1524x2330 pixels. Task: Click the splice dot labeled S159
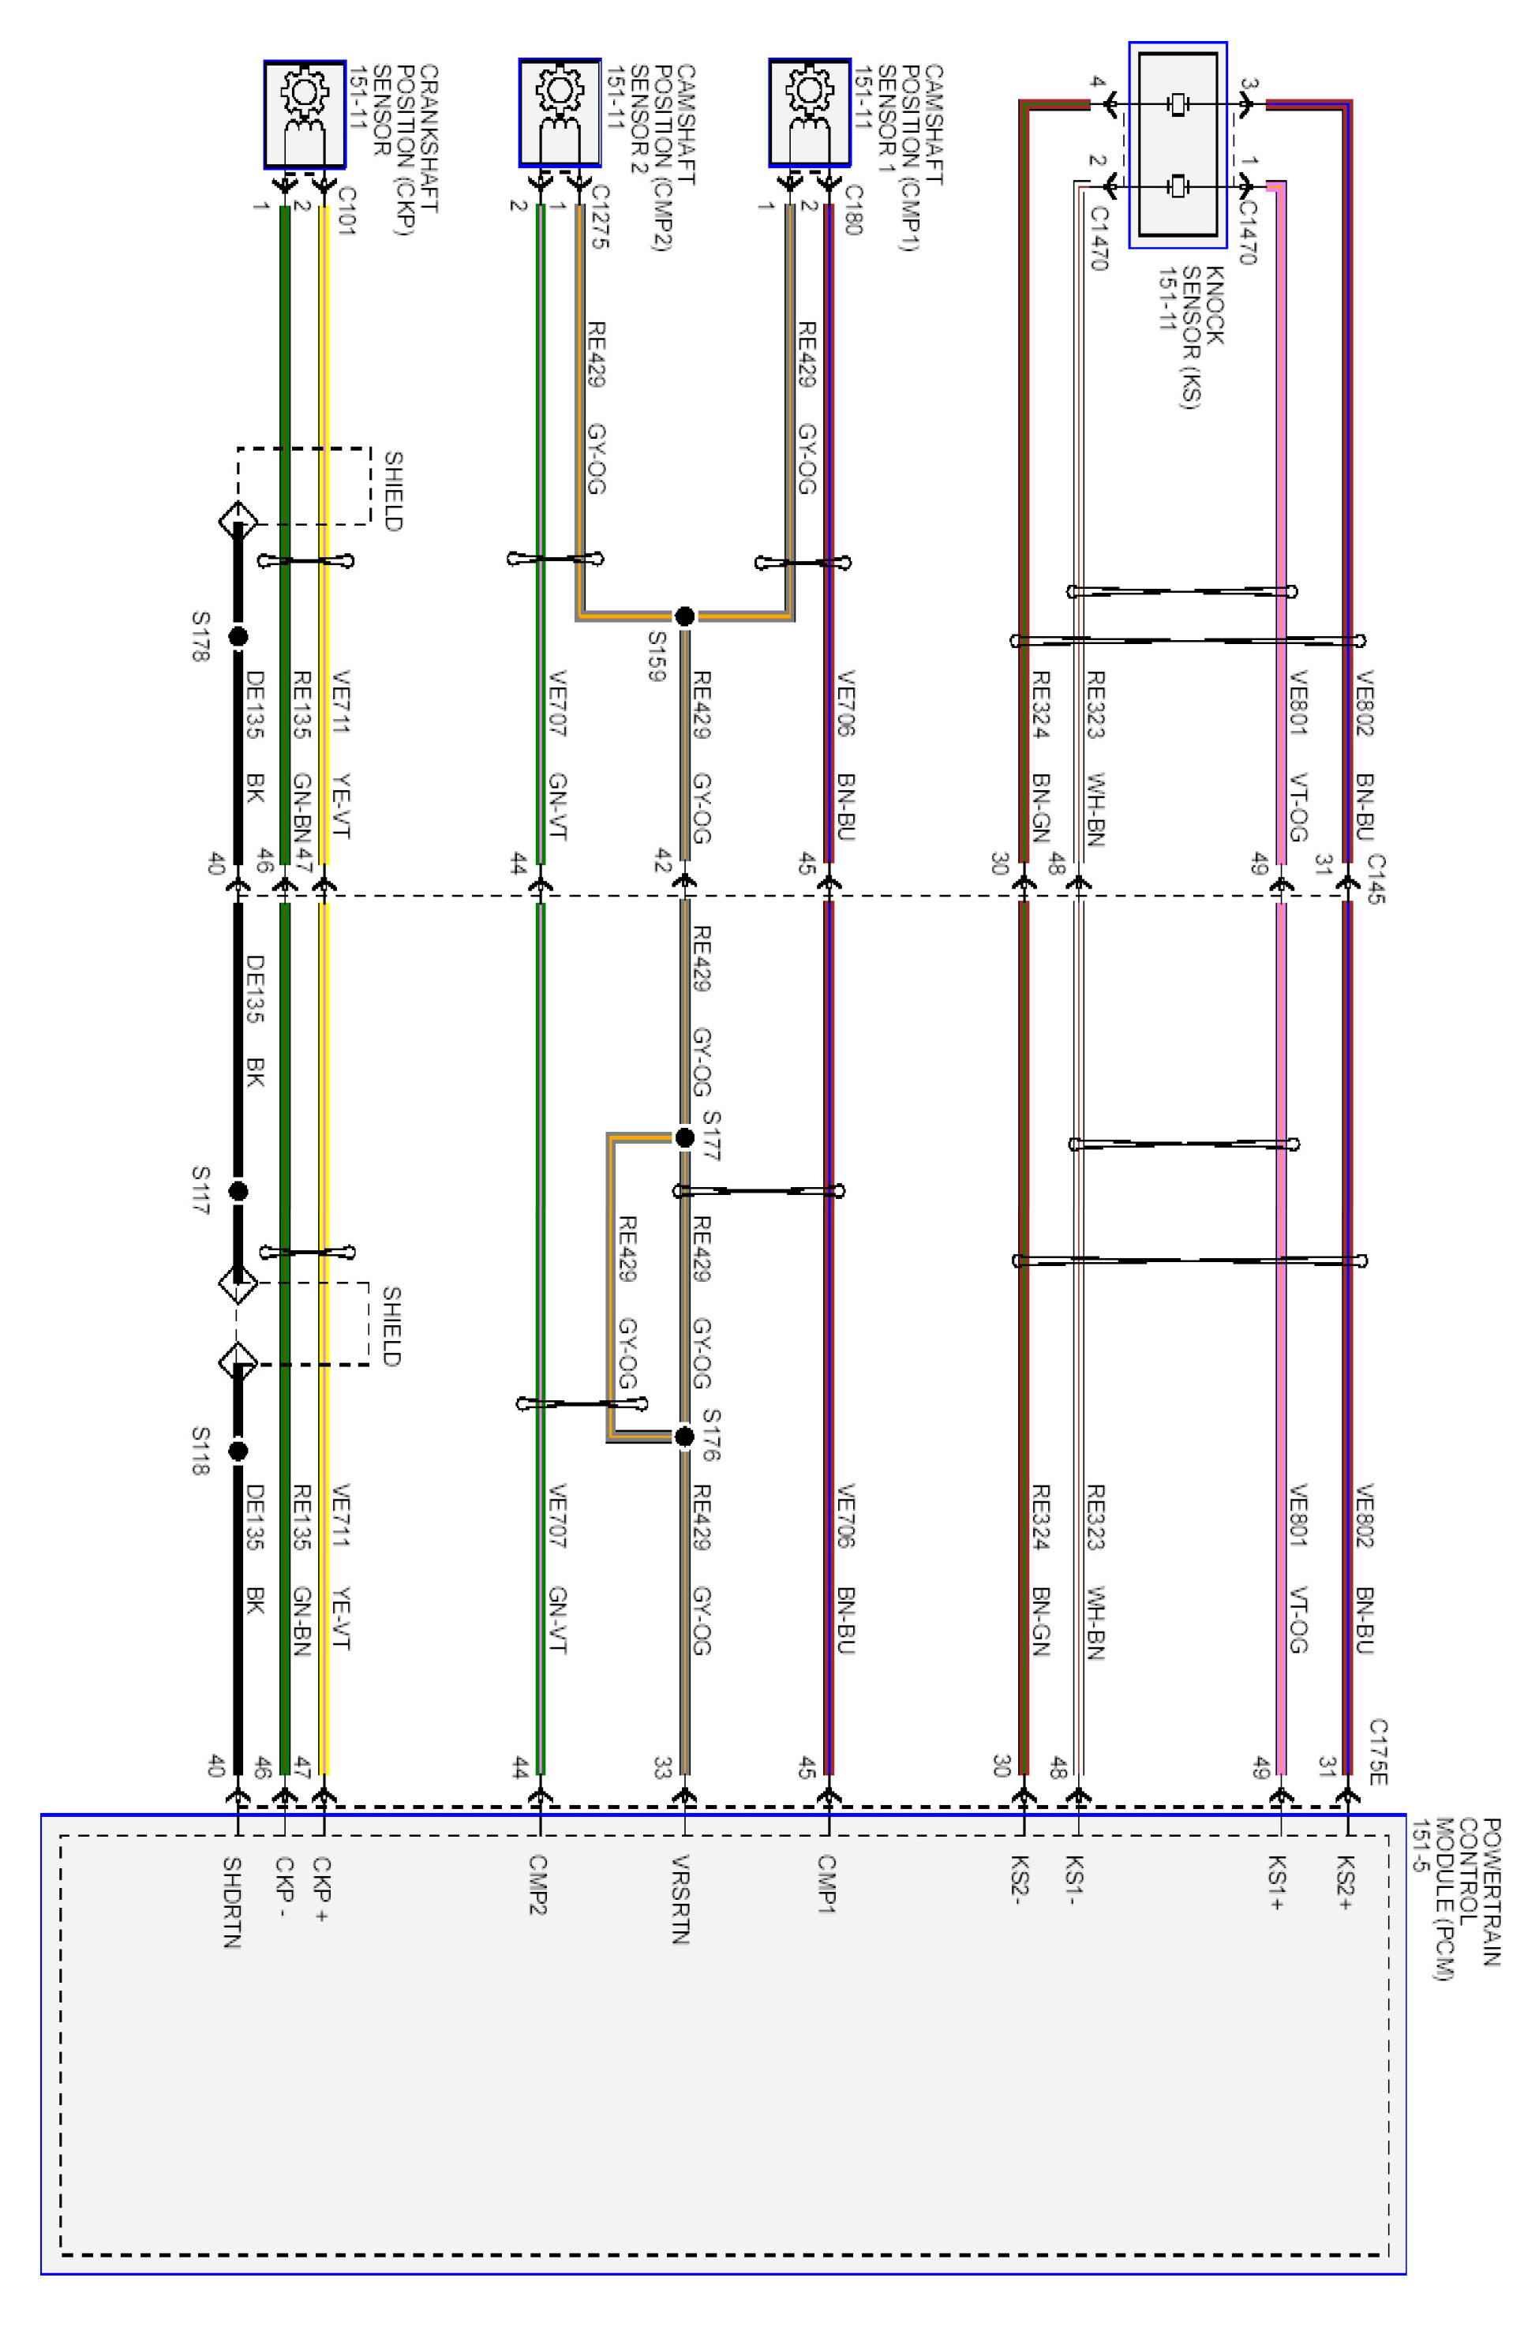pyautogui.click(x=684, y=616)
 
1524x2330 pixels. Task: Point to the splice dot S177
pyautogui.click(x=684, y=1137)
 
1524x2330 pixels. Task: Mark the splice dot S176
pyautogui.click(x=684, y=1437)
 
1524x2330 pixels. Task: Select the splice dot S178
pyautogui.click(x=238, y=636)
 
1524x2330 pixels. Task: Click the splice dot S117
pyautogui.click(x=238, y=1191)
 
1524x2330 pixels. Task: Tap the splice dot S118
pyautogui.click(x=238, y=1451)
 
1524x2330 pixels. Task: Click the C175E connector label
pyautogui.click(x=1377, y=1751)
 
